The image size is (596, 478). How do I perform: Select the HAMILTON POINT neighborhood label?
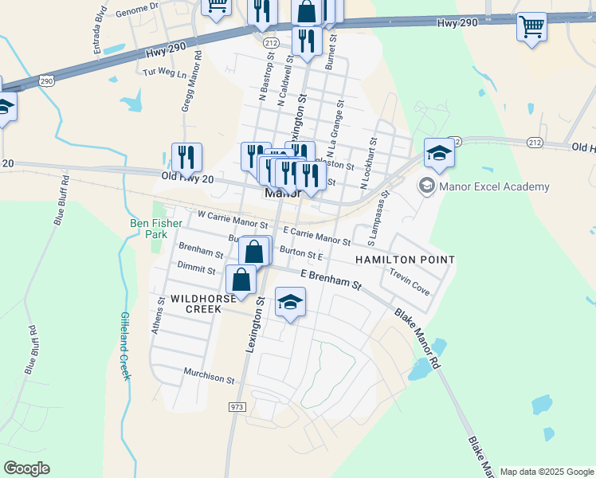pyautogui.click(x=405, y=260)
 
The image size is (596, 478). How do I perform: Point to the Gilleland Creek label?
pyautogui.click(x=125, y=345)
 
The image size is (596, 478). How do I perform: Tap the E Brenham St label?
pyautogui.click(x=331, y=279)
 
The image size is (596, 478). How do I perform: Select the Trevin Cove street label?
pyautogui.click(x=410, y=282)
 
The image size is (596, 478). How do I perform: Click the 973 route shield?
pyautogui.click(x=237, y=407)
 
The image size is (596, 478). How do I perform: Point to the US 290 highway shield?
pyautogui.click(x=47, y=81)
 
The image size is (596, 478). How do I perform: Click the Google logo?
pyautogui.click(x=26, y=468)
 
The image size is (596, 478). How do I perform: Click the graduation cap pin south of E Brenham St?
pyautogui.click(x=290, y=303)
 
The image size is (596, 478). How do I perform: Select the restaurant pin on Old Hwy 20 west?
pyautogui.click(x=186, y=158)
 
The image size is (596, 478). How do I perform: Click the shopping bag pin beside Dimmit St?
pyautogui.click(x=241, y=280)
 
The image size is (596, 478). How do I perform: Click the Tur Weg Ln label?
pyautogui.click(x=163, y=72)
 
